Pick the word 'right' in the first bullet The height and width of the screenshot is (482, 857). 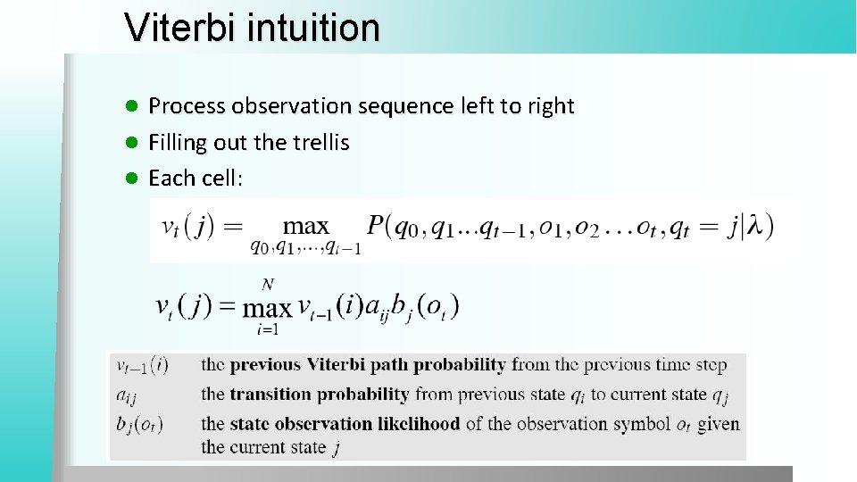(551, 106)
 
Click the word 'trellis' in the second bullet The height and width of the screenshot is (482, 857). (319, 142)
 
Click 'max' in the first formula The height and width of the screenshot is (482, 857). (305, 227)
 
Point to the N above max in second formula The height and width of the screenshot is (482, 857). (267, 285)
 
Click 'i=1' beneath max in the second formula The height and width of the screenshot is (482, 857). (267, 328)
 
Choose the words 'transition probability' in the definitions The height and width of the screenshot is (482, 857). (320, 394)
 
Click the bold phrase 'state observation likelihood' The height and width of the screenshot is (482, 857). (345, 424)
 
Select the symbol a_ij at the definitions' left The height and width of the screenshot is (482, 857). (126, 395)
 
